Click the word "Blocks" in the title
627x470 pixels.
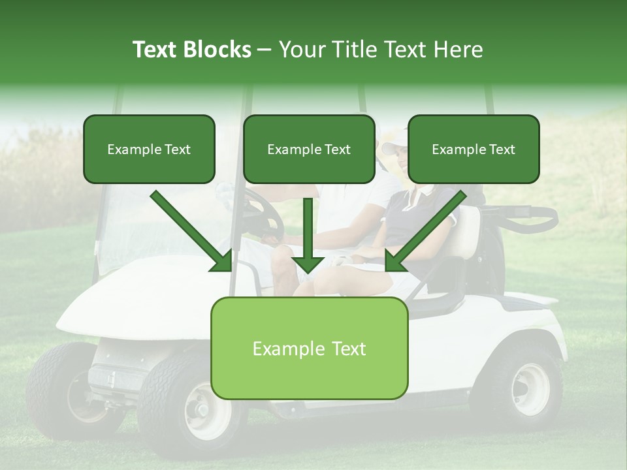pyautogui.click(x=218, y=50)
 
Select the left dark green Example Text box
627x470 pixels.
pyautogui.click(x=149, y=149)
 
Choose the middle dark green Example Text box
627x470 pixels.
pyautogui.click(x=309, y=149)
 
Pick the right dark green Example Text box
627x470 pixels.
pyautogui.click(x=474, y=149)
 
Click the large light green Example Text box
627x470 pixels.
pyautogui.click(x=309, y=348)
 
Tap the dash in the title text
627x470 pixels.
pyautogui.click(x=265, y=50)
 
